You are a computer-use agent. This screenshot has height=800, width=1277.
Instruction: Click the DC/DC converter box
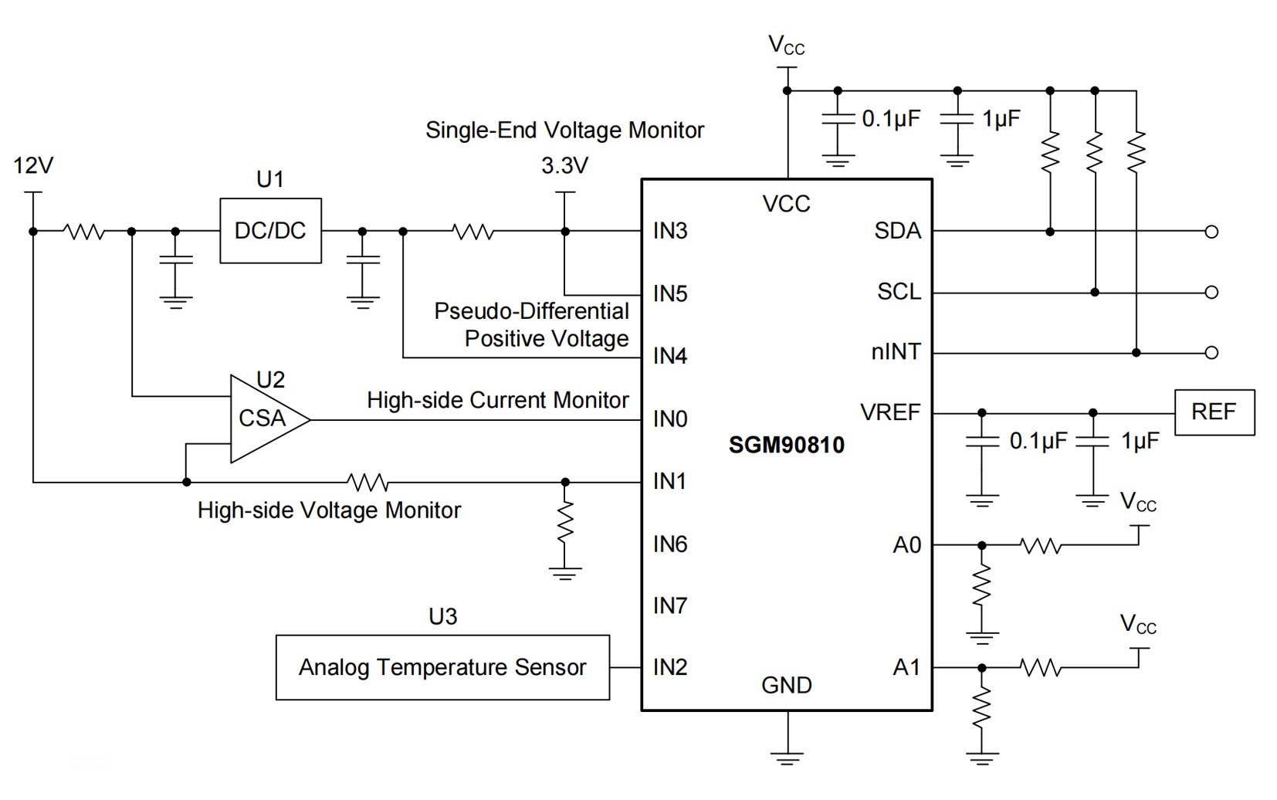[270, 231]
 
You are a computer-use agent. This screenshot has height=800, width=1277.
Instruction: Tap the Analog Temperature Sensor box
[442, 667]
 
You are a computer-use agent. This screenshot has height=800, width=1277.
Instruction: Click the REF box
[1214, 412]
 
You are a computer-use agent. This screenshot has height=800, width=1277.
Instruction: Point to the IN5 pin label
[670, 294]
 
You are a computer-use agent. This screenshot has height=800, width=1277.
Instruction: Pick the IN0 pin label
[670, 419]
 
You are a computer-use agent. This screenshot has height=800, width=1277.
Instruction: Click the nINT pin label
[896, 352]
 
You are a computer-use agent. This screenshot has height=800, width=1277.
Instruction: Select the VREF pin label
[890, 412]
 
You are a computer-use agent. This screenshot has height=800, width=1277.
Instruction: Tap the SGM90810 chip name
[786, 445]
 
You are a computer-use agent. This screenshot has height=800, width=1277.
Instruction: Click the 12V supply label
[33, 165]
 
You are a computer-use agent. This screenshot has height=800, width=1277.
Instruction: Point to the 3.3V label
[564, 165]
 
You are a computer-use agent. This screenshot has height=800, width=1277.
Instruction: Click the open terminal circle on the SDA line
[1211, 232]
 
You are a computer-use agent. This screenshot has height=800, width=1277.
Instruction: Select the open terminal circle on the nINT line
[1211, 353]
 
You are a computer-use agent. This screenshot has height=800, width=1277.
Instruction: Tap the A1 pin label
[906, 667]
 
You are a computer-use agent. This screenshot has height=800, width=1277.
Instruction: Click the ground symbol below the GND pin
[787, 757]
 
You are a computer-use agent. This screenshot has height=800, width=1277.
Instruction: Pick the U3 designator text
[442, 616]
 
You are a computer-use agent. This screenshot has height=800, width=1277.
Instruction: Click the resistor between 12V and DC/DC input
[84, 232]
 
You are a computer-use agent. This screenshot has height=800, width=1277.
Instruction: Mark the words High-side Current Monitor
[497, 400]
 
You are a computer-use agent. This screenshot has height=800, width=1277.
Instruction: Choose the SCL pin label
[899, 292]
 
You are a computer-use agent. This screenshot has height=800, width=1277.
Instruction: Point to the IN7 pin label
[670, 606]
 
